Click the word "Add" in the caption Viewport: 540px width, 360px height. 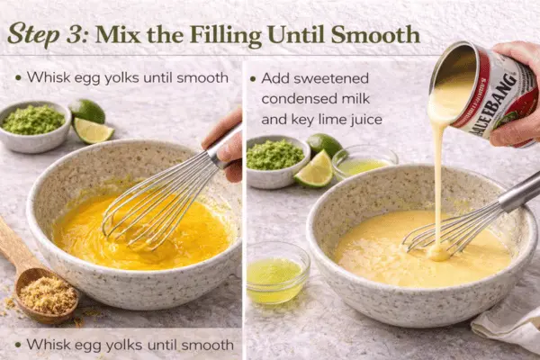[275, 78]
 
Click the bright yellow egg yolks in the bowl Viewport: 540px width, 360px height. [135, 238]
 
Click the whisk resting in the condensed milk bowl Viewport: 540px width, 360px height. [459, 225]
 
